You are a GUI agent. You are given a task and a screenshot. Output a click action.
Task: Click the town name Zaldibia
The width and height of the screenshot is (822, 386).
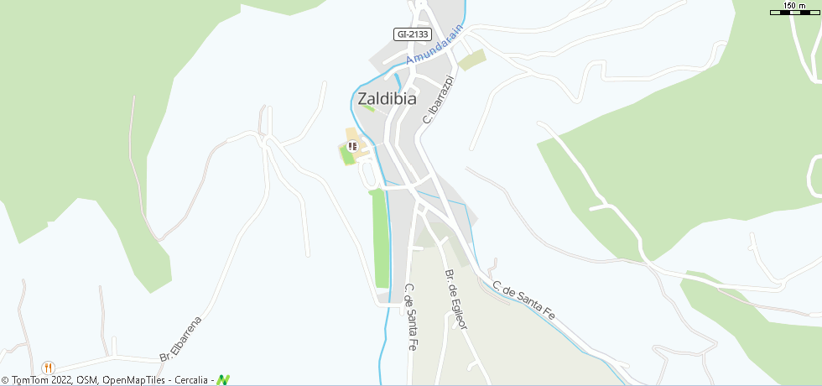(x=387, y=97)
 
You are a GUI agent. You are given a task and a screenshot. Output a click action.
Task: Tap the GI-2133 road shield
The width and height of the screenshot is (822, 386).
(x=412, y=34)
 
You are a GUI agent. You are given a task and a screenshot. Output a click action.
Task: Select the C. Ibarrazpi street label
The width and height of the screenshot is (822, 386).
(x=438, y=99)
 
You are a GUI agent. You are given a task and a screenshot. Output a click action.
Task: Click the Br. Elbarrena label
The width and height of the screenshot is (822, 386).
(x=181, y=339)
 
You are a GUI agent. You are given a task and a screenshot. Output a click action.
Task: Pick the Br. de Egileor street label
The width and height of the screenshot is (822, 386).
(x=455, y=299)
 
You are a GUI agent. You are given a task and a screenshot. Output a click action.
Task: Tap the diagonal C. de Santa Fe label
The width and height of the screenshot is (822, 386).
(x=524, y=300)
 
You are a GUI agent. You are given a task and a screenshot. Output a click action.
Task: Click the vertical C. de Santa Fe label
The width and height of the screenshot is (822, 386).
(x=411, y=316)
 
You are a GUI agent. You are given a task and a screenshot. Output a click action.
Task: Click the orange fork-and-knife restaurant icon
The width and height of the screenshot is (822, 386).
(x=48, y=367)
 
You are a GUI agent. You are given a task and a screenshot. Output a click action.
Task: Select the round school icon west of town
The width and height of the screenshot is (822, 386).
(x=352, y=147)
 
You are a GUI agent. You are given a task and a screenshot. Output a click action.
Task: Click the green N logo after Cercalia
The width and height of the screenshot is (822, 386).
(x=223, y=379)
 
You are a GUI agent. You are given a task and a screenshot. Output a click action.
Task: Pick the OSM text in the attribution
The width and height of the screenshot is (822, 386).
(x=86, y=380)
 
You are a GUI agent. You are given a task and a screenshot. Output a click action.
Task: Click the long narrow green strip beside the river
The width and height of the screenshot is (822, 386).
(x=381, y=239)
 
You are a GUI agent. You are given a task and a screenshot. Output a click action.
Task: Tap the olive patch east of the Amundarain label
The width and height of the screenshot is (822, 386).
(x=472, y=60)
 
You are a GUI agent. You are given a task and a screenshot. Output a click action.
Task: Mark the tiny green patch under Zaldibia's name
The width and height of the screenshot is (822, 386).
(x=368, y=108)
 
